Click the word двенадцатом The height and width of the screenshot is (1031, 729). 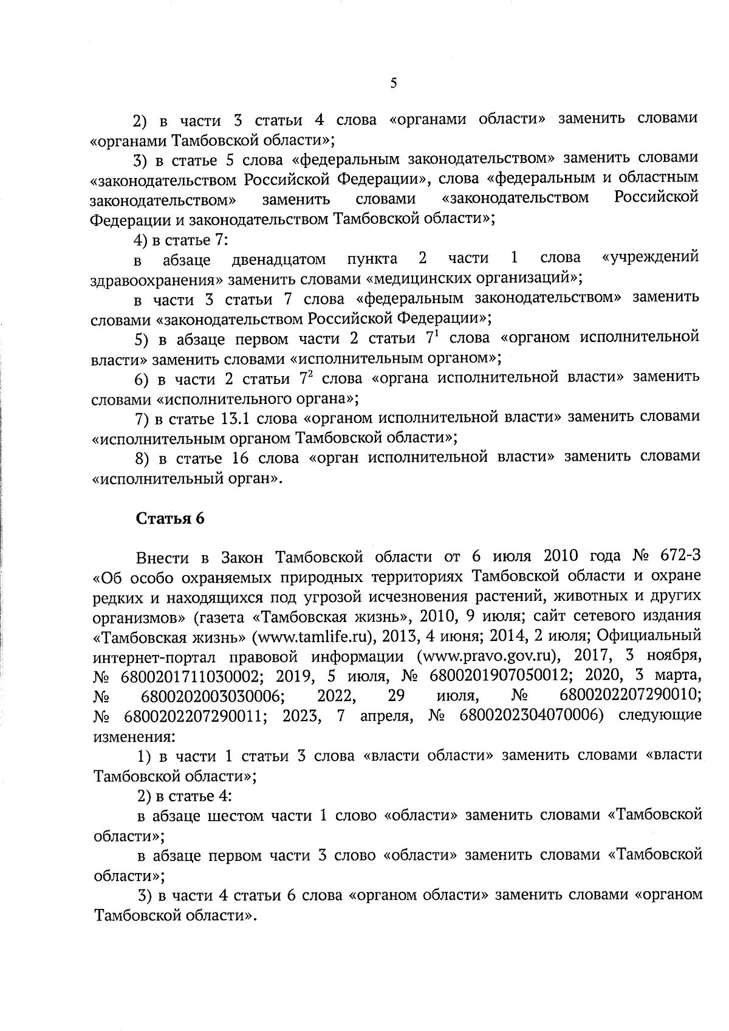click(x=279, y=260)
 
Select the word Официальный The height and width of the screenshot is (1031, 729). click(x=649, y=636)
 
